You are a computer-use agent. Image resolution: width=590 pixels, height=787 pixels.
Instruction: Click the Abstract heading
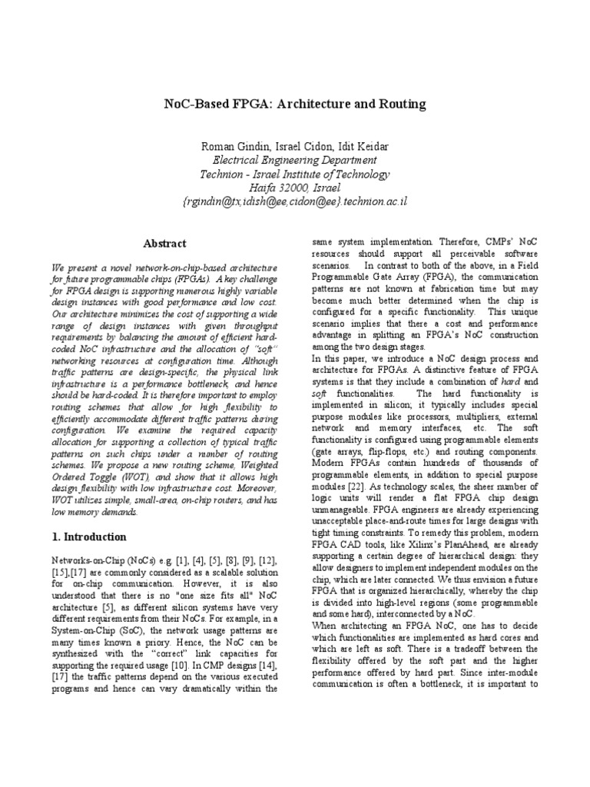click(164, 244)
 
